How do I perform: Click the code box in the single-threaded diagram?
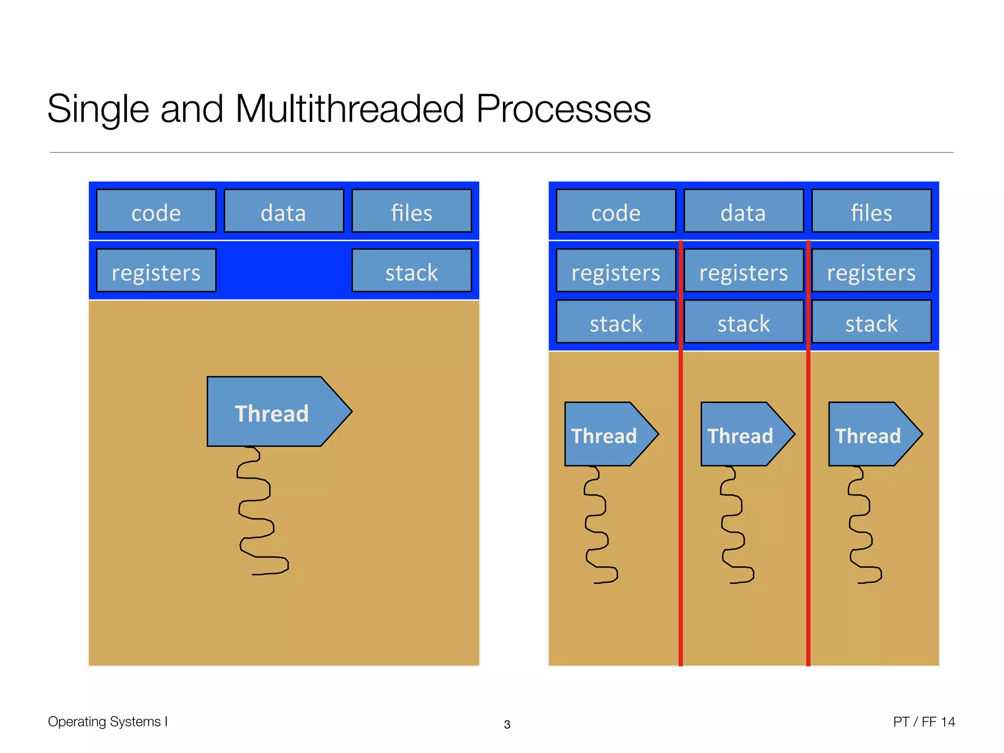[x=156, y=211]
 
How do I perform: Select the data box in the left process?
[x=283, y=211]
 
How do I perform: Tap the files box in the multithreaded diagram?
[x=871, y=211]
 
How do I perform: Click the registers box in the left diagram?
[x=156, y=271]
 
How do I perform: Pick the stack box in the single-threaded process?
[x=411, y=271]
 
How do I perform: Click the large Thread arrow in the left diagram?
[x=272, y=412]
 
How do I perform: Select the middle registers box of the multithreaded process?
[x=743, y=271]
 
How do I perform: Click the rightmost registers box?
[x=871, y=271]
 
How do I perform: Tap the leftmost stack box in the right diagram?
[x=616, y=322]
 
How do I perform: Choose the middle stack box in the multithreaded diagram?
[x=743, y=322]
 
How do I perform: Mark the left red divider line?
[x=680, y=490]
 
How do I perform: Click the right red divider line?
[x=808, y=490]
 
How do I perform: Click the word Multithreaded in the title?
[x=349, y=109]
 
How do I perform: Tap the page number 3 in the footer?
[x=507, y=725]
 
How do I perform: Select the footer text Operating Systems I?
[x=108, y=722]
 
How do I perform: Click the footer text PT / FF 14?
[x=924, y=722]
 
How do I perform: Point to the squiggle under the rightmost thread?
[x=861, y=525]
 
